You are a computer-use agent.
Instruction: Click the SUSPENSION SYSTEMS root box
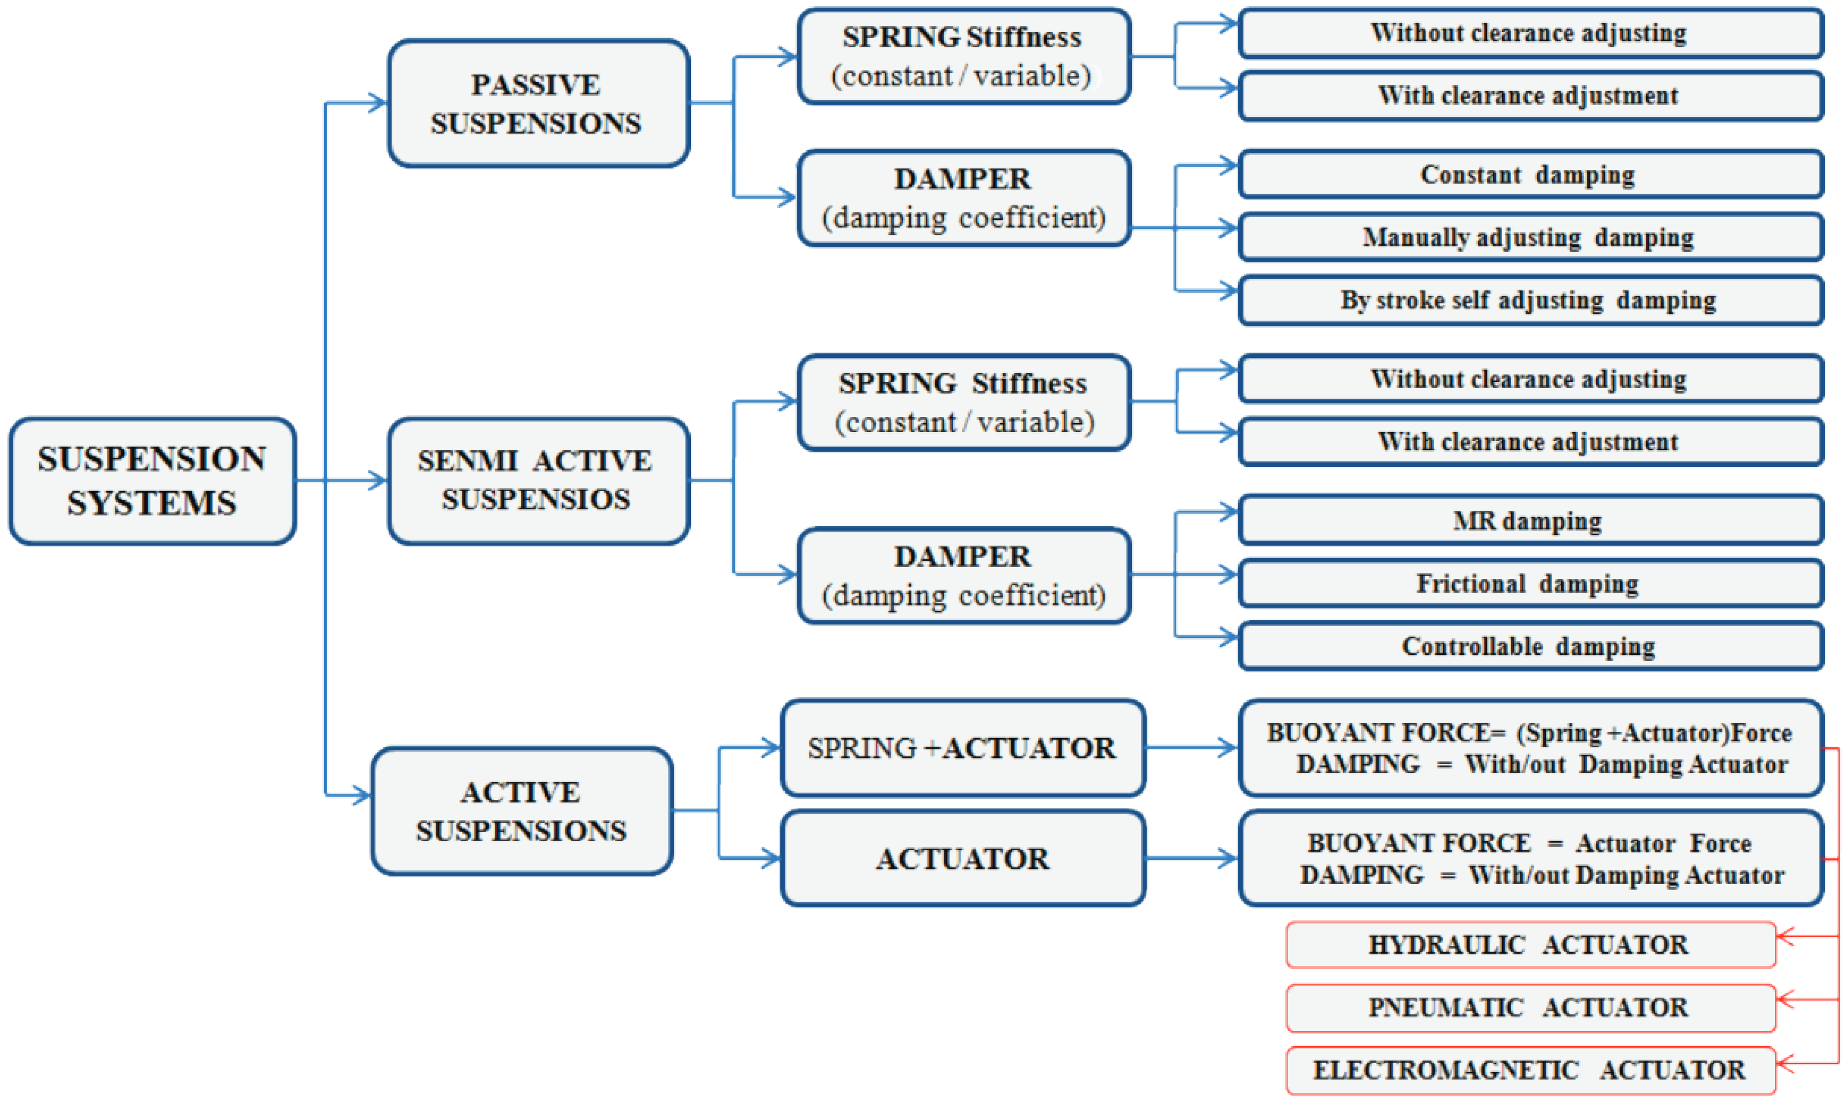coord(153,481)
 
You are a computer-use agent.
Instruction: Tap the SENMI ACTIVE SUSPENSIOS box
coord(537,480)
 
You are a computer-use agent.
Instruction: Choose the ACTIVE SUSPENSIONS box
coord(522,811)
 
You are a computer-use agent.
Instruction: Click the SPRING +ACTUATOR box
coord(962,748)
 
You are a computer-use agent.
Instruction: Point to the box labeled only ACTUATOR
coord(962,859)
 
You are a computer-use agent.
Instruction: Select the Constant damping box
coord(1529,175)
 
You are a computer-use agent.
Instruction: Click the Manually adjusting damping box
coord(1529,237)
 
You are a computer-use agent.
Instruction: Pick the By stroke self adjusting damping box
coord(1529,300)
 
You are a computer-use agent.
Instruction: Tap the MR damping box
coord(1529,520)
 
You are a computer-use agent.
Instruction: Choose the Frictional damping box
coord(1529,584)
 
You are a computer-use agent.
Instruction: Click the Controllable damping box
coord(1529,646)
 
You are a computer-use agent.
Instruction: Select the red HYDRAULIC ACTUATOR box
coord(1529,944)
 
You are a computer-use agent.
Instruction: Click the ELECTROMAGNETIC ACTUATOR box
coord(1529,1070)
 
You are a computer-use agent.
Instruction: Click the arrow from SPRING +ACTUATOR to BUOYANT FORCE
coord(1190,748)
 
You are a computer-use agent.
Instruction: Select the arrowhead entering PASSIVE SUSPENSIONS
coord(378,102)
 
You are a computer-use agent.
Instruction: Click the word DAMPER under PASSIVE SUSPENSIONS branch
coord(962,179)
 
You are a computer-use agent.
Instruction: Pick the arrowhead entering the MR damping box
coord(1227,512)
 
